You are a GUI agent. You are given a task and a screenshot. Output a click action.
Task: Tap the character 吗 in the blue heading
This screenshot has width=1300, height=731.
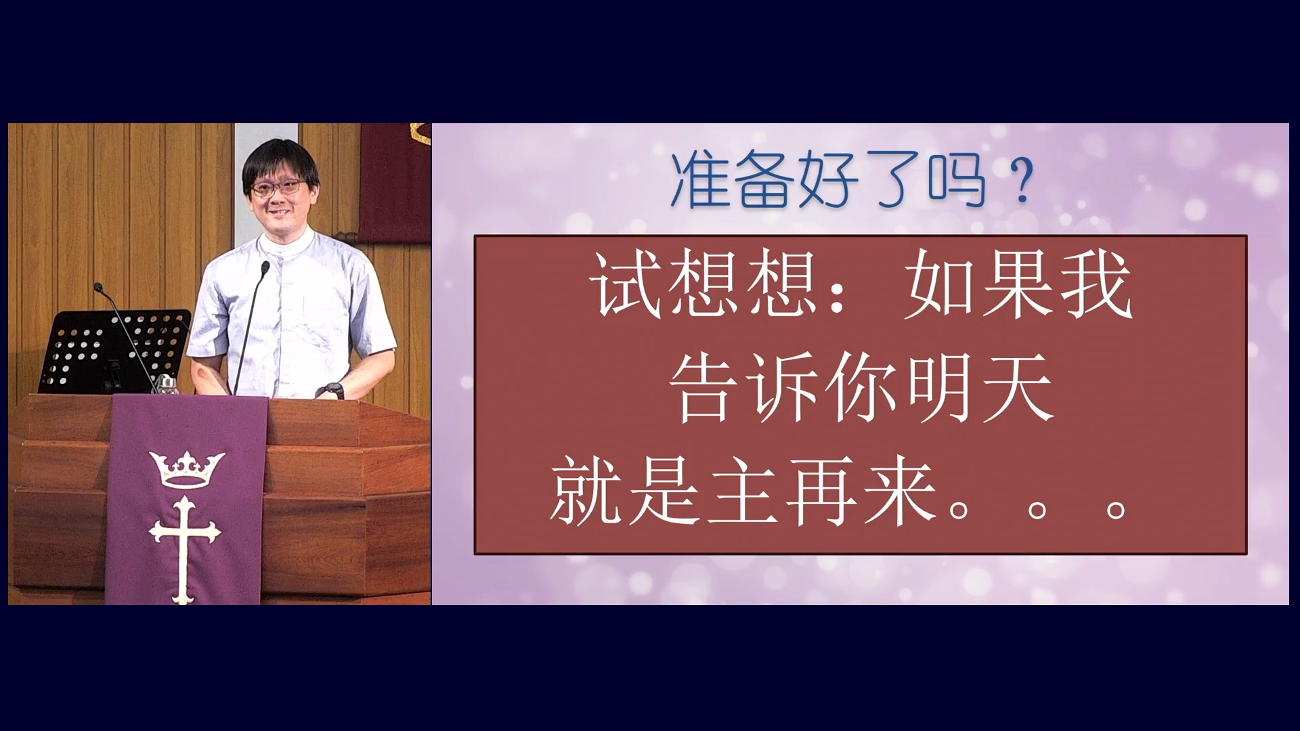tap(957, 180)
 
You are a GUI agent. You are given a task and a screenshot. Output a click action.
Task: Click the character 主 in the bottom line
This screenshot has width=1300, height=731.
tap(743, 490)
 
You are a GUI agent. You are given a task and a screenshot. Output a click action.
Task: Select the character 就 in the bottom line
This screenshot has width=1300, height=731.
tap(586, 490)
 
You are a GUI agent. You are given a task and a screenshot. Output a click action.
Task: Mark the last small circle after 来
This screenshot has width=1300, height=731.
tap(1116, 510)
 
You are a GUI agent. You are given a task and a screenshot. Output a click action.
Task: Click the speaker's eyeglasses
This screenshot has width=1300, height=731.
tap(278, 187)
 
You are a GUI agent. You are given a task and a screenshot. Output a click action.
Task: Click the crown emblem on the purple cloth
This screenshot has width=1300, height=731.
tap(187, 469)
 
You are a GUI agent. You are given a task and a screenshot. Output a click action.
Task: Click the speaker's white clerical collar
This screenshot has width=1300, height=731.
tap(287, 245)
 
